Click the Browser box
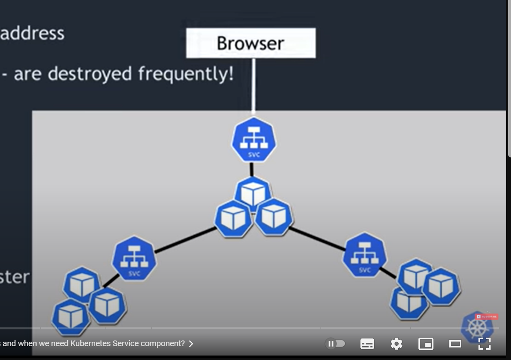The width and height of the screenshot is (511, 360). (x=250, y=43)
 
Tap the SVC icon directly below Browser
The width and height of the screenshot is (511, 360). (x=254, y=140)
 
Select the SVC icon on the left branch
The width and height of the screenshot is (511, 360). (x=134, y=258)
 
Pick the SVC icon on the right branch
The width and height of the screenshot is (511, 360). (x=364, y=255)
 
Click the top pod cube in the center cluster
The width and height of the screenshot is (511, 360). (x=253, y=193)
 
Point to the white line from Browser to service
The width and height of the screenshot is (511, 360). (x=253, y=85)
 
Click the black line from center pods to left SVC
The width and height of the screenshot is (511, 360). (x=185, y=240)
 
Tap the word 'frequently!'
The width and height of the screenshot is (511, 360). (x=186, y=74)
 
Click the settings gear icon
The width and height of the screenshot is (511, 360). (x=396, y=344)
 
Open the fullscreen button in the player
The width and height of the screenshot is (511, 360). (x=484, y=344)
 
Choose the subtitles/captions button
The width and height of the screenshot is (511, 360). (x=367, y=344)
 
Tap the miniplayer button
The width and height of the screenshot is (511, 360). (x=425, y=344)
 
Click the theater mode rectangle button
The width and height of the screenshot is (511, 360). (x=455, y=344)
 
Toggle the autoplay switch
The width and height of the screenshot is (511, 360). (x=335, y=344)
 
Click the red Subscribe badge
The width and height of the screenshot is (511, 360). (x=487, y=316)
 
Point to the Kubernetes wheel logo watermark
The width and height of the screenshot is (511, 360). (x=477, y=328)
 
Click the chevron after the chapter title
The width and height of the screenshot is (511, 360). (x=191, y=344)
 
